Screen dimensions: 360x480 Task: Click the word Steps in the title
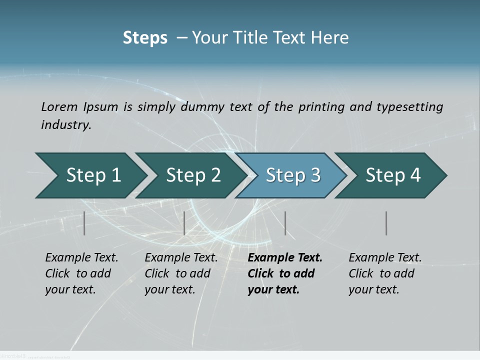tap(145, 38)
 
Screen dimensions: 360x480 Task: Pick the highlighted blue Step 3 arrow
tap(293, 175)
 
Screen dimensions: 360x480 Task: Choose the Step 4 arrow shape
tap(393, 175)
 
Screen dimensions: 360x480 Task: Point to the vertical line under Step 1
tap(84, 223)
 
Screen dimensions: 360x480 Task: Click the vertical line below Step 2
tap(184, 223)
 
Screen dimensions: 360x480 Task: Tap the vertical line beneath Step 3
tap(285, 223)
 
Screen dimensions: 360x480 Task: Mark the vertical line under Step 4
tap(386, 223)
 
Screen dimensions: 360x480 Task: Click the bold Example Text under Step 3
tap(284, 273)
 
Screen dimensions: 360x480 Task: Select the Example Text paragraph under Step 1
tap(81, 273)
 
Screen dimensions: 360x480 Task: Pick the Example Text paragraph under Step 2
tap(181, 273)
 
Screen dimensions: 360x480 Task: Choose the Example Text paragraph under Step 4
tap(385, 273)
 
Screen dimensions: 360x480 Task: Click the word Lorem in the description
tap(59, 107)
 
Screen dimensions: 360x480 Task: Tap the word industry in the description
tap(66, 125)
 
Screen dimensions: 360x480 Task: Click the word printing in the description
tap(322, 107)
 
